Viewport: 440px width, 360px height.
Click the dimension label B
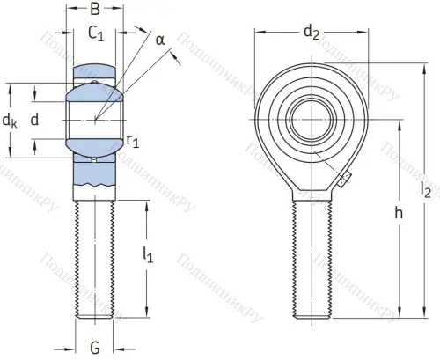pos(96,11)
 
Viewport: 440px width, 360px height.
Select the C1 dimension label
pos(97,35)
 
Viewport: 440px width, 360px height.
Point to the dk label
pos(10,120)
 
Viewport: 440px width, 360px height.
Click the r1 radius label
pos(133,139)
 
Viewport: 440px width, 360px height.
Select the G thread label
pos(95,347)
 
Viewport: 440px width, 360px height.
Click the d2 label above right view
pos(311,33)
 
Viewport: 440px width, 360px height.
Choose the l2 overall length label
pos(427,188)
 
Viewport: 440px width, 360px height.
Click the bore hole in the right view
pos(311,113)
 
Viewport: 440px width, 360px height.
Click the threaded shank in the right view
pos(311,260)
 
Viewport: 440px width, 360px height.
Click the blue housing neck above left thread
pos(95,176)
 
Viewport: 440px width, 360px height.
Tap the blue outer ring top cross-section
pos(95,70)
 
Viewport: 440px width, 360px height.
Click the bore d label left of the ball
pos(35,120)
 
